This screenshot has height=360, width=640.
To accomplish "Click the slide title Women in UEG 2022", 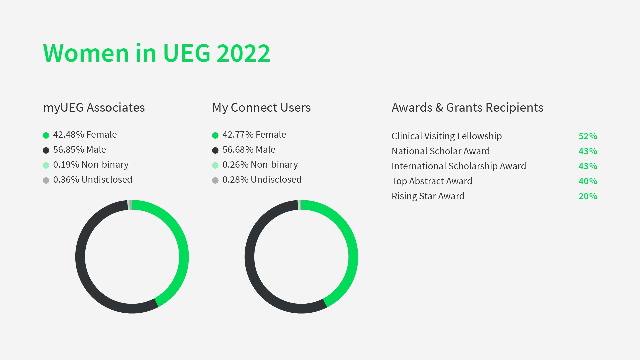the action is tap(157, 53).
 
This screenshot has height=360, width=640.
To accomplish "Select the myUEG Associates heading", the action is tap(94, 108).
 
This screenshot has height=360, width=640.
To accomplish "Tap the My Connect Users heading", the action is tap(261, 108).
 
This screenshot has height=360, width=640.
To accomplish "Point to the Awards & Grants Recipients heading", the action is tap(467, 108).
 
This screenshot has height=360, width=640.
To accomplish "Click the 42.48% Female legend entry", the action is tap(80, 135).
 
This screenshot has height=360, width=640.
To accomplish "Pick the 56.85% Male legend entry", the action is tap(75, 150).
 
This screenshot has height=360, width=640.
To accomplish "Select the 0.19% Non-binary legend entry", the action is tap(86, 165).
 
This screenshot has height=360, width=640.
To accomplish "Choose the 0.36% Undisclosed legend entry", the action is tap(88, 180).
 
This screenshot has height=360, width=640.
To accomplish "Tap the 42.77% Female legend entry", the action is tap(249, 135).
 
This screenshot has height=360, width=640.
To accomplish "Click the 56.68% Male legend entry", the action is tap(244, 150).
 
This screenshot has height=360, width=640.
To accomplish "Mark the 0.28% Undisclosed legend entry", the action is tap(257, 180).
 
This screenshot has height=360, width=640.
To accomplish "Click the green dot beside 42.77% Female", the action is tap(215, 135).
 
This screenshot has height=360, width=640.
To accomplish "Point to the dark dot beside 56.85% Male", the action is tap(46, 150).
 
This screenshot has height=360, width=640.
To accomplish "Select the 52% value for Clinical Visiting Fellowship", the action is tap(588, 136).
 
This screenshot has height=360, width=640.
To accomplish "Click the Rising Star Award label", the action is tap(428, 196).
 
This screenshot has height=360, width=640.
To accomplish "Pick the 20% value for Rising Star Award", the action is tap(588, 196).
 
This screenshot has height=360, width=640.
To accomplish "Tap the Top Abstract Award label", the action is tap(432, 181).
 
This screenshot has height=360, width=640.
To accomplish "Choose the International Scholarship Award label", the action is tap(459, 166).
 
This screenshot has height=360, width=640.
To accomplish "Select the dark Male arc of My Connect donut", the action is tap(250, 257).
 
